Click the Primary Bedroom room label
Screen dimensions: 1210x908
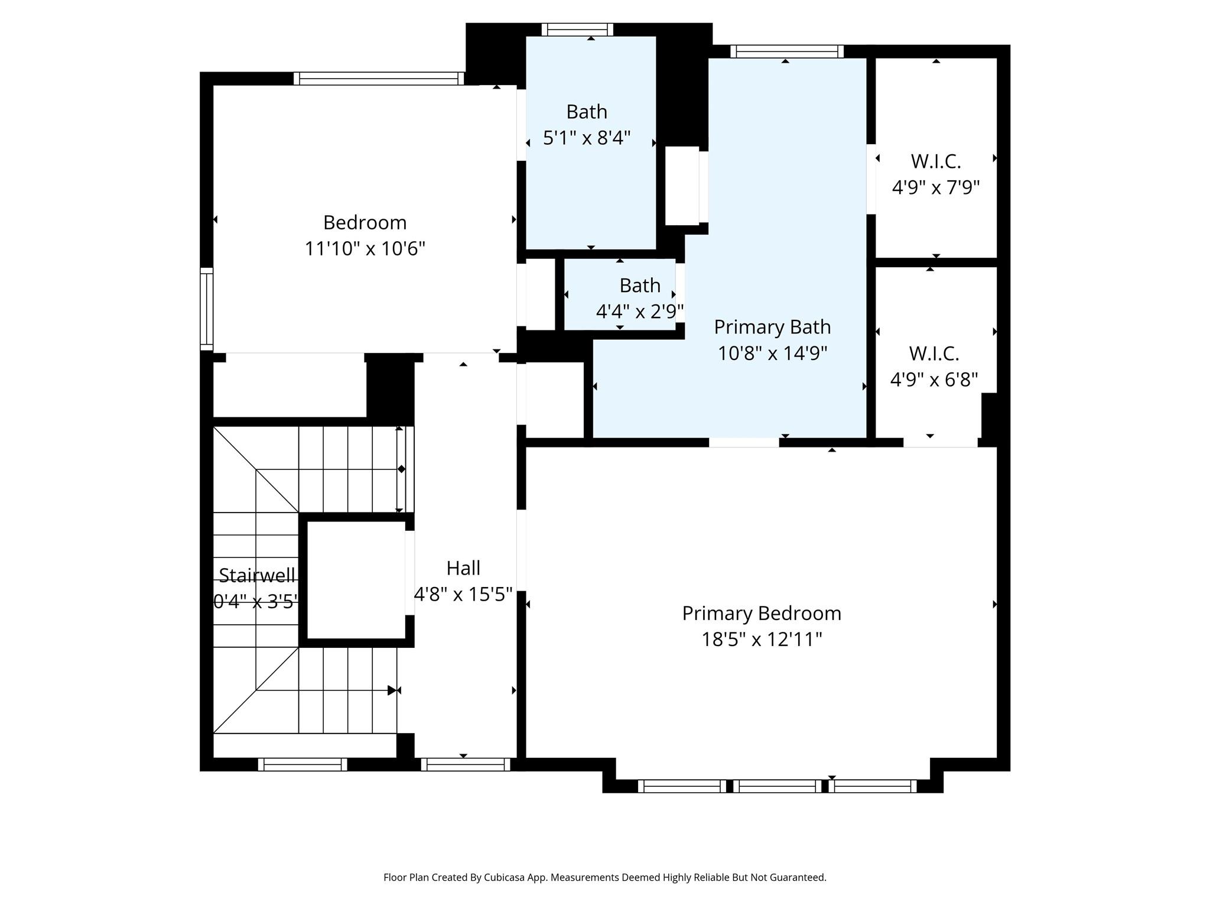pyautogui.click(x=762, y=614)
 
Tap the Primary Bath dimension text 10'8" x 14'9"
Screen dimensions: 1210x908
pyautogui.click(x=772, y=354)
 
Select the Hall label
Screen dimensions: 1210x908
pyautogui.click(x=463, y=568)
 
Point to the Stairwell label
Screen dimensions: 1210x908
pyautogui.click(x=256, y=575)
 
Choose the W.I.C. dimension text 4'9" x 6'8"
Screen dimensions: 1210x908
pyautogui.click(x=934, y=380)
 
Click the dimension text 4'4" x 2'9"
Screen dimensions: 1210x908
pyautogui.click(x=640, y=312)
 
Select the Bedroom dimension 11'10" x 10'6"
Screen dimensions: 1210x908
pyautogui.click(x=365, y=249)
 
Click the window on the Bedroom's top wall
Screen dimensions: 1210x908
pyautogui.click(x=379, y=79)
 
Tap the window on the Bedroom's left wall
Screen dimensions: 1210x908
pyautogui.click(x=206, y=309)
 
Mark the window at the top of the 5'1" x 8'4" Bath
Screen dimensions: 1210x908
pyautogui.click(x=577, y=30)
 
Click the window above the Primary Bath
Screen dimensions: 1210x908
pyautogui.click(x=787, y=51)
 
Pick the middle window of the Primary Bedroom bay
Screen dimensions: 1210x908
pyautogui.click(x=778, y=786)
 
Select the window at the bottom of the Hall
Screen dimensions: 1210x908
pyautogui.click(x=466, y=764)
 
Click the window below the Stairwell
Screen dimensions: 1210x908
pyautogui.click(x=302, y=764)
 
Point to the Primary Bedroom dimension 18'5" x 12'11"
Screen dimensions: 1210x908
pyautogui.click(x=762, y=640)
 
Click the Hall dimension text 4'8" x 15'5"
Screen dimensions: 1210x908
pyautogui.click(x=463, y=594)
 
